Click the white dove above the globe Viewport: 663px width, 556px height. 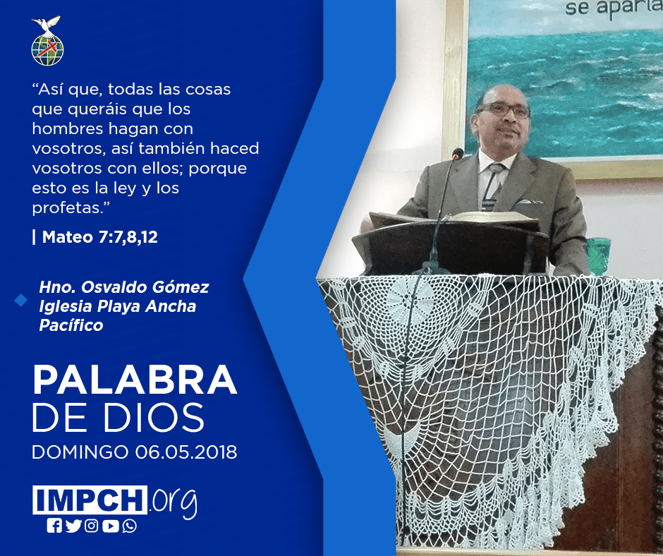tap(47, 25)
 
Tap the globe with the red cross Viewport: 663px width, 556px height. tap(47, 50)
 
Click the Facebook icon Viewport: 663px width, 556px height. tap(54, 526)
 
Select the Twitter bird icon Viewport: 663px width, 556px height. tap(73, 526)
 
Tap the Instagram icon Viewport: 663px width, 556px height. tap(91, 526)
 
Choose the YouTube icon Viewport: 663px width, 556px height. tap(110, 526)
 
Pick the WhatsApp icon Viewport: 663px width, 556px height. tap(129, 526)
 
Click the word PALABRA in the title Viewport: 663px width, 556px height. tap(135, 380)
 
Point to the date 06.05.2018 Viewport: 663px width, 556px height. tap(186, 452)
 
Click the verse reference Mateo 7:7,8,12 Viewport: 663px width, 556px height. tap(99, 237)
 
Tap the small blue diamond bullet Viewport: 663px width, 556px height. tap(20, 300)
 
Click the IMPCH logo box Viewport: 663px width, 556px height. tap(90, 500)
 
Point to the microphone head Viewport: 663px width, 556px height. tap(458, 154)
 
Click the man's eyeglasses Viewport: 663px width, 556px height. tap(503, 109)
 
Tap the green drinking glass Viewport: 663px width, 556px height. tap(599, 255)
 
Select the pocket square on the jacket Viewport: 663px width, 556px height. tap(529, 202)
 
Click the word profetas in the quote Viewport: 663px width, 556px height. tap(68, 208)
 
